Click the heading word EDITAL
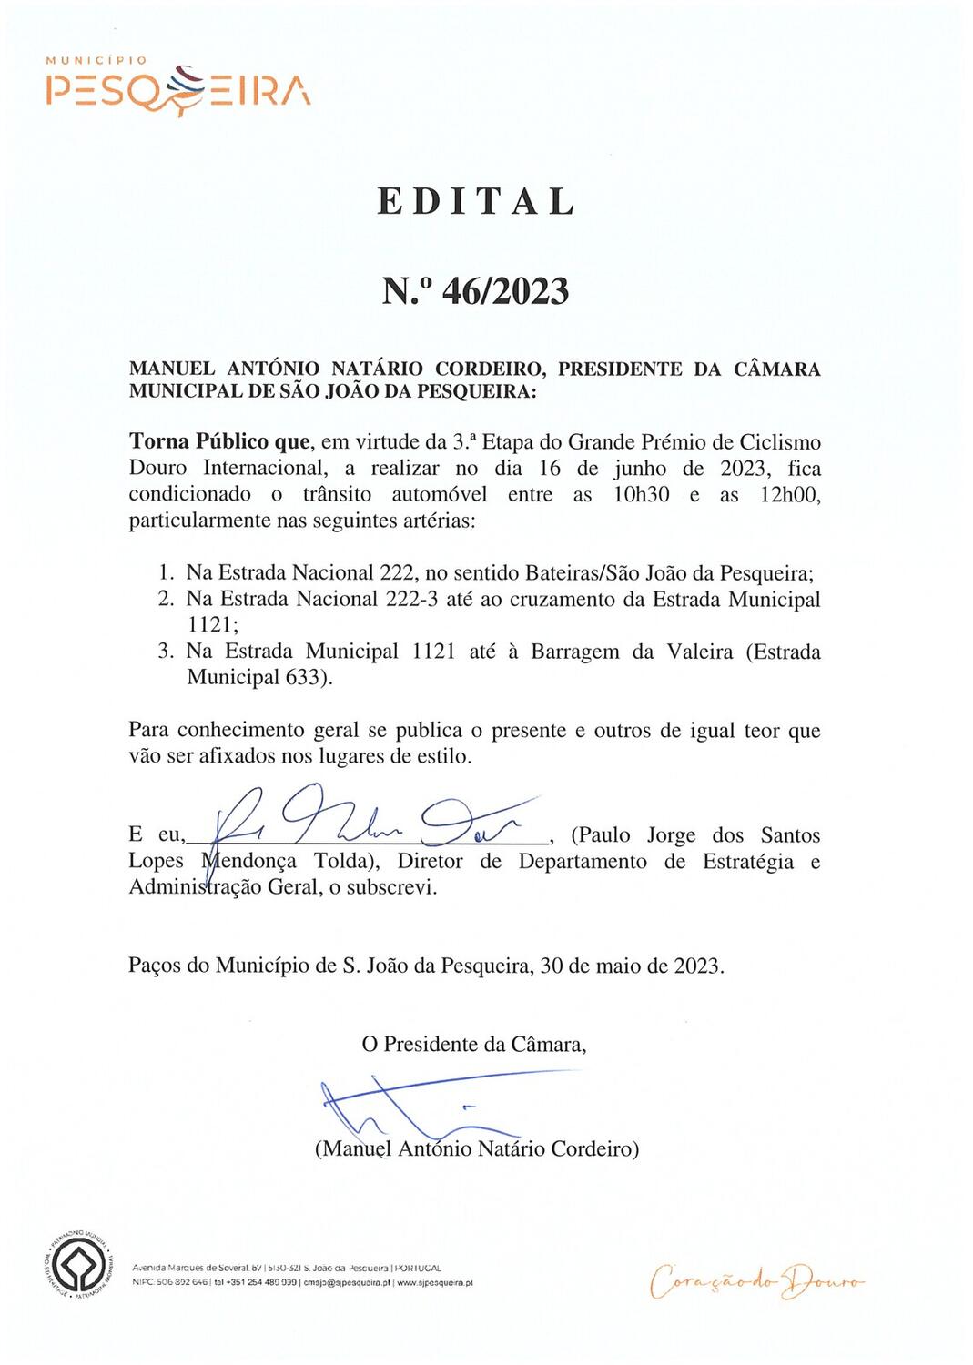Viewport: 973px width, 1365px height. pos(477,202)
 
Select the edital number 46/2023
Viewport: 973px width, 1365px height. pos(505,291)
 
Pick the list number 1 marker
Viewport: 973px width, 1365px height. pos(166,573)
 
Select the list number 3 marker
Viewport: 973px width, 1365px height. pos(166,652)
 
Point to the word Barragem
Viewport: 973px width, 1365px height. pos(575,652)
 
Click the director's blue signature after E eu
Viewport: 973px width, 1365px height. pos(364,816)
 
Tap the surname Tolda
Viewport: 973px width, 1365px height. pos(346,861)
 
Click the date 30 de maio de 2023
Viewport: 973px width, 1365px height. pos(632,966)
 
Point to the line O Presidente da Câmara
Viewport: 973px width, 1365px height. pos(473,1044)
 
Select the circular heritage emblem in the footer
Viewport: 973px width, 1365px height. pos(79,1264)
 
